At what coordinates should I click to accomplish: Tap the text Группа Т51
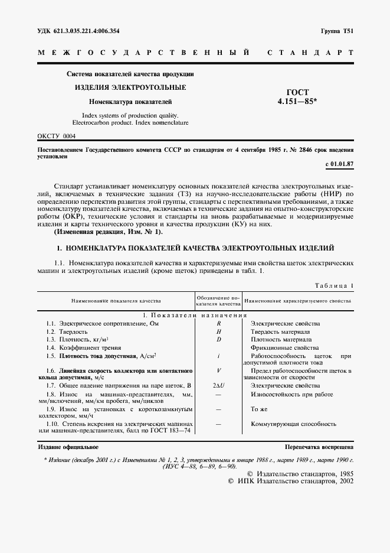(337, 31)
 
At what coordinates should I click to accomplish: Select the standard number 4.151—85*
(297, 102)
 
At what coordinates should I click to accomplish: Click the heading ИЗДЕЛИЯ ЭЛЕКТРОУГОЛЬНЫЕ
(130, 87)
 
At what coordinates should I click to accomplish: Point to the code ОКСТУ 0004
(57, 136)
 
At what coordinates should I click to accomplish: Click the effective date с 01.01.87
(339, 164)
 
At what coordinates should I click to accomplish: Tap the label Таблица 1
(334, 286)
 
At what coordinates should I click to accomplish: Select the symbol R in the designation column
(218, 324)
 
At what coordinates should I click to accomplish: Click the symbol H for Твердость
(218, 332)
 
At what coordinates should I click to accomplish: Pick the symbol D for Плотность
(218, 340)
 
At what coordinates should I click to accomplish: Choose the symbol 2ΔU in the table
(218, 385)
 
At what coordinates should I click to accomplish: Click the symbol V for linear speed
(218, 370)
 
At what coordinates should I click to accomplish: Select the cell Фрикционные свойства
(285, 348)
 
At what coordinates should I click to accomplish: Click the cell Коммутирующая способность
(293, 424)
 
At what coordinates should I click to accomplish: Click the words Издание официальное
(68, 448)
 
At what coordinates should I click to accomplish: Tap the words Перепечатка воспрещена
(319, 448)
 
